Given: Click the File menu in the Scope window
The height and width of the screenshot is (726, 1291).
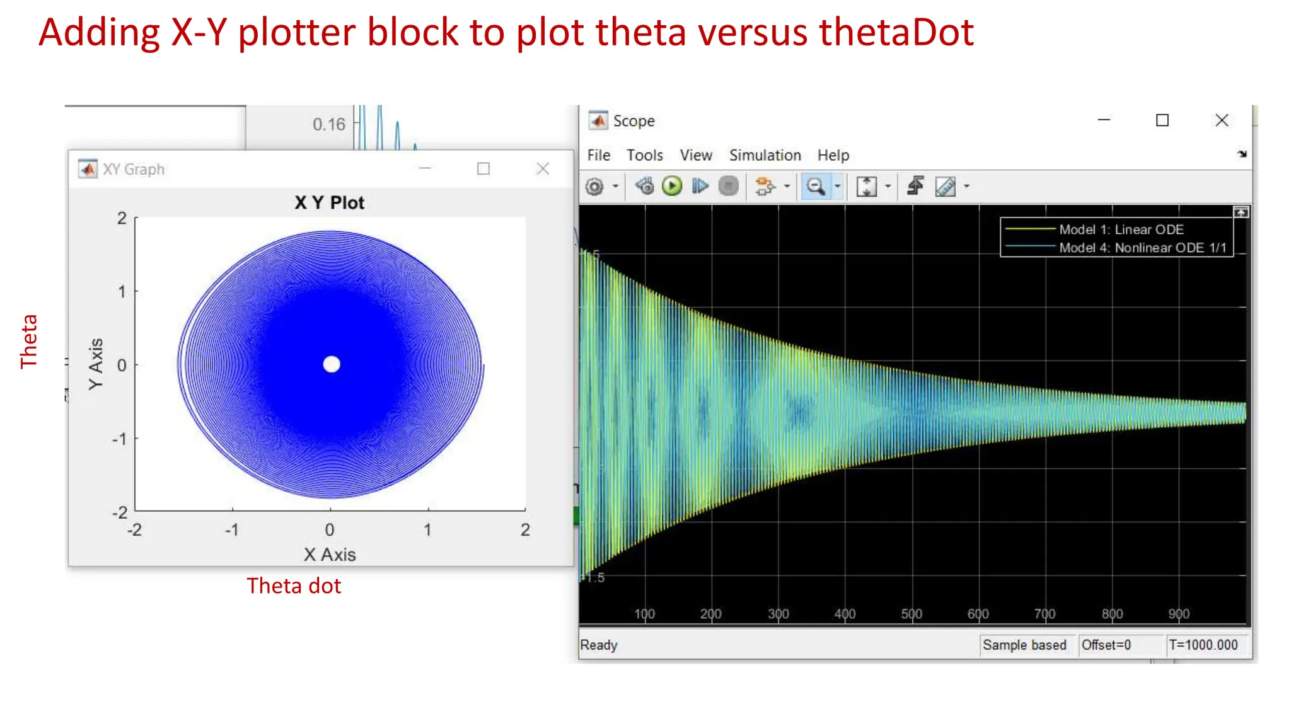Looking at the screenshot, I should click(x=598, y=155).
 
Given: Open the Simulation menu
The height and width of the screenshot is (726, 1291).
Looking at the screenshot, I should click(x=765, y=155).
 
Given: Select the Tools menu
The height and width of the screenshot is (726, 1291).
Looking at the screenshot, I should click(x=644, y=155).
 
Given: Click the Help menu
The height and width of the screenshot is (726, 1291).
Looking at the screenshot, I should click(x=833, y=155).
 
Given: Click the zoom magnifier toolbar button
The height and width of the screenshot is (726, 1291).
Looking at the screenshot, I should click(x=815, y=187).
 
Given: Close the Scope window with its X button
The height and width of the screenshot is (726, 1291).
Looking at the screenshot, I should click(x=1221, y=120).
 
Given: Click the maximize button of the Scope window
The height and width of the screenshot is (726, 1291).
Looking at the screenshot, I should click(x=1162, y=120).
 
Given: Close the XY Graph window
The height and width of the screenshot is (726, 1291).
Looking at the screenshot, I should click(x=543, y=169).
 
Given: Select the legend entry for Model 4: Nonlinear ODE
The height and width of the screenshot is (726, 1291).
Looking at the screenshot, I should click(x=1142, y=248).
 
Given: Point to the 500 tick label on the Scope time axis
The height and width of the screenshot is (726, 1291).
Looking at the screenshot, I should click(x=911, y=614).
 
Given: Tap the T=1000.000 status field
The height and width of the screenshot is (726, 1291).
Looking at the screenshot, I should click(x=1203, y=645).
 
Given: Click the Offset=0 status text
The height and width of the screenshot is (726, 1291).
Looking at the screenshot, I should click(x=1106, y=645).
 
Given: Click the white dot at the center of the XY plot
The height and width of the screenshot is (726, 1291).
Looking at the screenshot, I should click(x=332, y=364).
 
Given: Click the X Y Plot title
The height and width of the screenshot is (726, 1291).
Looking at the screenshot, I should click(x=329, y=203).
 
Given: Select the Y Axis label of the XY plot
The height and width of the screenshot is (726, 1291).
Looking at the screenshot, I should click(x=96, y=364).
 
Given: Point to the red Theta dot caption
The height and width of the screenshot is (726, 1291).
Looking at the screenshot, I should click(x=294, y=586).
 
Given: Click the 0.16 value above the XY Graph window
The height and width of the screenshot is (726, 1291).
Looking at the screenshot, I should click(x=329, y=124).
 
